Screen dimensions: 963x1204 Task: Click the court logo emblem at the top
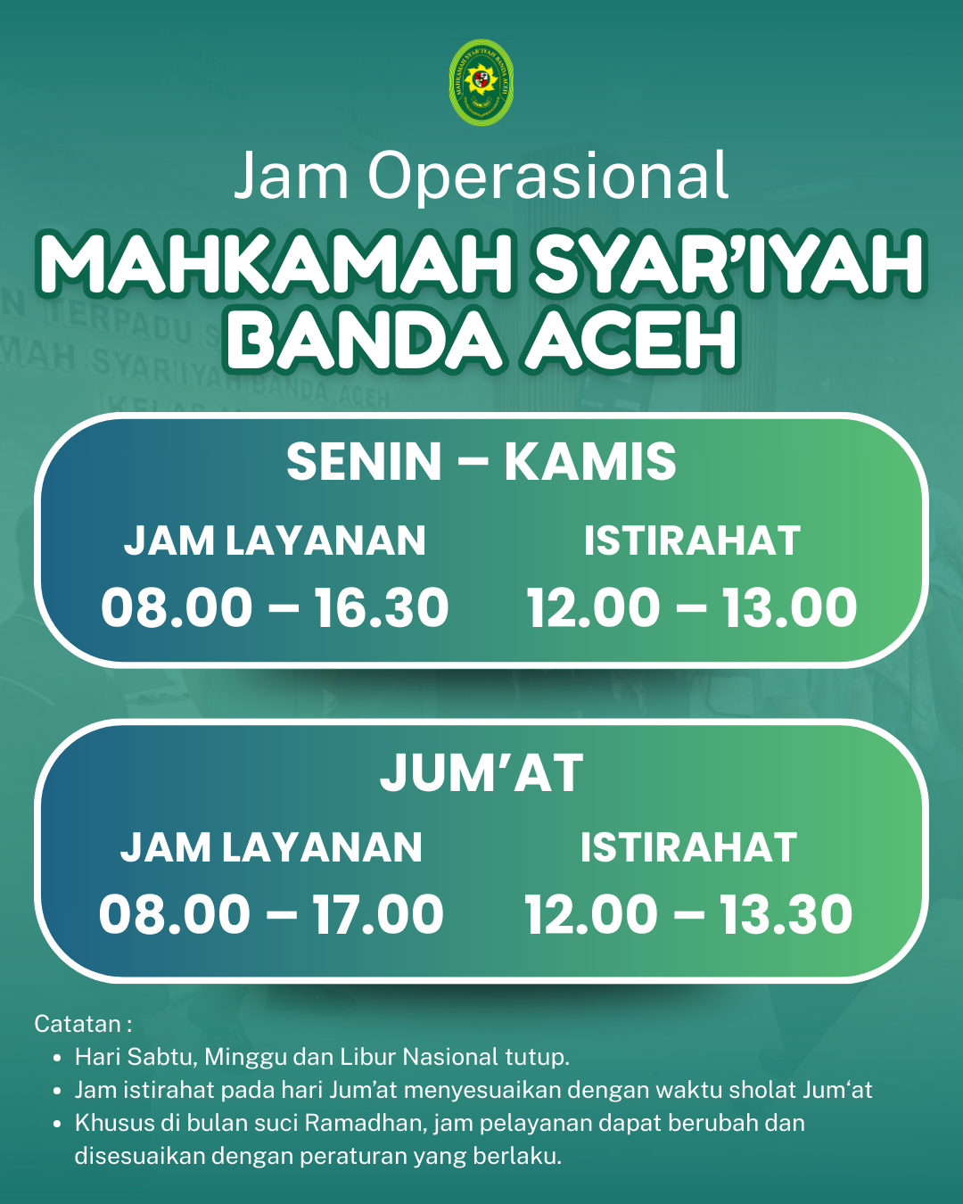(x=481, y=82)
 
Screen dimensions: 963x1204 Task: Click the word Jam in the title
(x=292, y=176)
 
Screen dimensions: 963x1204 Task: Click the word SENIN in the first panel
(x=365, y=462)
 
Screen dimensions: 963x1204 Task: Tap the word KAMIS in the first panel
(x=590, y=462)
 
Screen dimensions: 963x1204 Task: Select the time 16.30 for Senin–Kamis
(x=382, y=608)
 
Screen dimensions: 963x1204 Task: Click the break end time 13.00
(x=789, y=608)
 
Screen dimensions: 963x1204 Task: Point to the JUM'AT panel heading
(x=481, y=773)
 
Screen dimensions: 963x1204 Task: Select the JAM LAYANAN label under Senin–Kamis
(x=275, y=541)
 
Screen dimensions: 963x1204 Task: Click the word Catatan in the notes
(x=78, y=1024)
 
